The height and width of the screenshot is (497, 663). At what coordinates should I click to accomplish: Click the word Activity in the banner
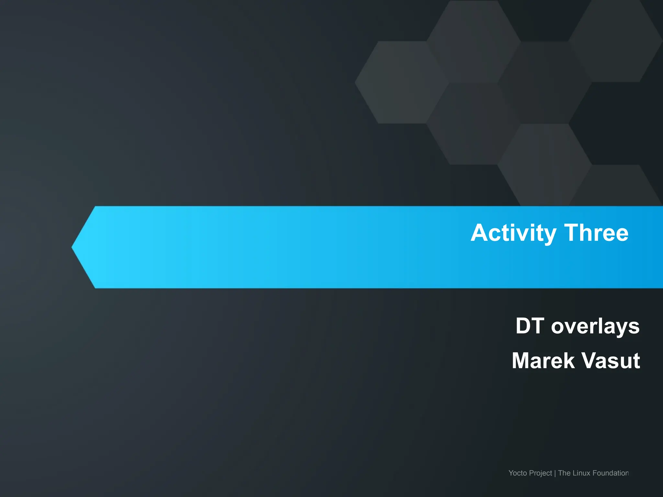[513, 233]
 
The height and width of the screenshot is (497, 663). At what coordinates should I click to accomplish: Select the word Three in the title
[596, 233]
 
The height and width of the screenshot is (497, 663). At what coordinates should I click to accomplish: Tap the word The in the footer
[564, 473]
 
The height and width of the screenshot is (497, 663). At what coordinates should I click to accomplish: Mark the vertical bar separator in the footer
[555, 473]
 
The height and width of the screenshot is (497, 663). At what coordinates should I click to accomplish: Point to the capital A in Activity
[479, 233]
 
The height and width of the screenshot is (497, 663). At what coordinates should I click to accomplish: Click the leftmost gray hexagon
[401, 82]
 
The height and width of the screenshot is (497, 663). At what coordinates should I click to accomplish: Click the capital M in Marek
[521, 360]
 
